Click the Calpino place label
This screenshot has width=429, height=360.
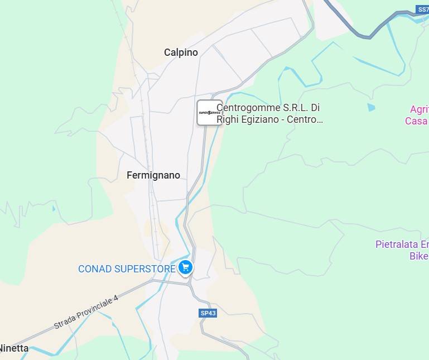click(181, 52)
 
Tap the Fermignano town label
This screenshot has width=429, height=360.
click(153, 175)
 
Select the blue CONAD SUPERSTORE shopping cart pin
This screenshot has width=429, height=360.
click(186, 268)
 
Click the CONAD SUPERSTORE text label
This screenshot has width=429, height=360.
click(127, 269)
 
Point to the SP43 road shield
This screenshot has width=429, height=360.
click(208, 313)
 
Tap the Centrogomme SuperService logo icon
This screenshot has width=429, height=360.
click(210, 113)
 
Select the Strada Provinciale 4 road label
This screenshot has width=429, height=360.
click(86, 312)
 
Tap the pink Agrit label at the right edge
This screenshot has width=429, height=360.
click(419, 109)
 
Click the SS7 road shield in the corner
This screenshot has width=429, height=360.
click(422, 9)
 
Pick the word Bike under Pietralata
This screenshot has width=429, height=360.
click(418, 256)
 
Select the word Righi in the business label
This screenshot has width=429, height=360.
click(228, 119)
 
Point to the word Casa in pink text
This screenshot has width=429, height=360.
click(416, 121)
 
